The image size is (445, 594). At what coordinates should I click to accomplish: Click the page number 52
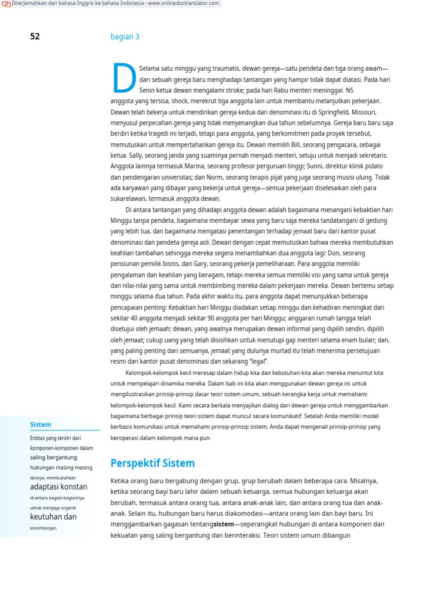click(35, 37)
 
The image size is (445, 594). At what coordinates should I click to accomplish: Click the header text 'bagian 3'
click(125, 37)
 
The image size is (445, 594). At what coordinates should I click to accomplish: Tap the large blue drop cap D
click(123, 78)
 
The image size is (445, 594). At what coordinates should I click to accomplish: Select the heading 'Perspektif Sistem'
click(152, 463)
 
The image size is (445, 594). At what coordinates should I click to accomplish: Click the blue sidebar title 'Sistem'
click(41, 425)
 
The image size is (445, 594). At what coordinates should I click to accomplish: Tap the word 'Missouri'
click(363, 112)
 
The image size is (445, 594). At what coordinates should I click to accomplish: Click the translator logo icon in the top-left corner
click(6, 4)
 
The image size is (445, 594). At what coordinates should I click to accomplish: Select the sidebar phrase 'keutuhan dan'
click(53, 516)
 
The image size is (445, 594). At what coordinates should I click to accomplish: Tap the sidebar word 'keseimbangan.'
click(43, 528)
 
